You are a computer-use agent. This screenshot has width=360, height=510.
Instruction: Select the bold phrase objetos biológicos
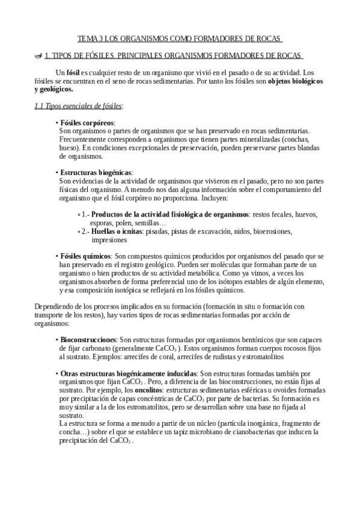(296, 81)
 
